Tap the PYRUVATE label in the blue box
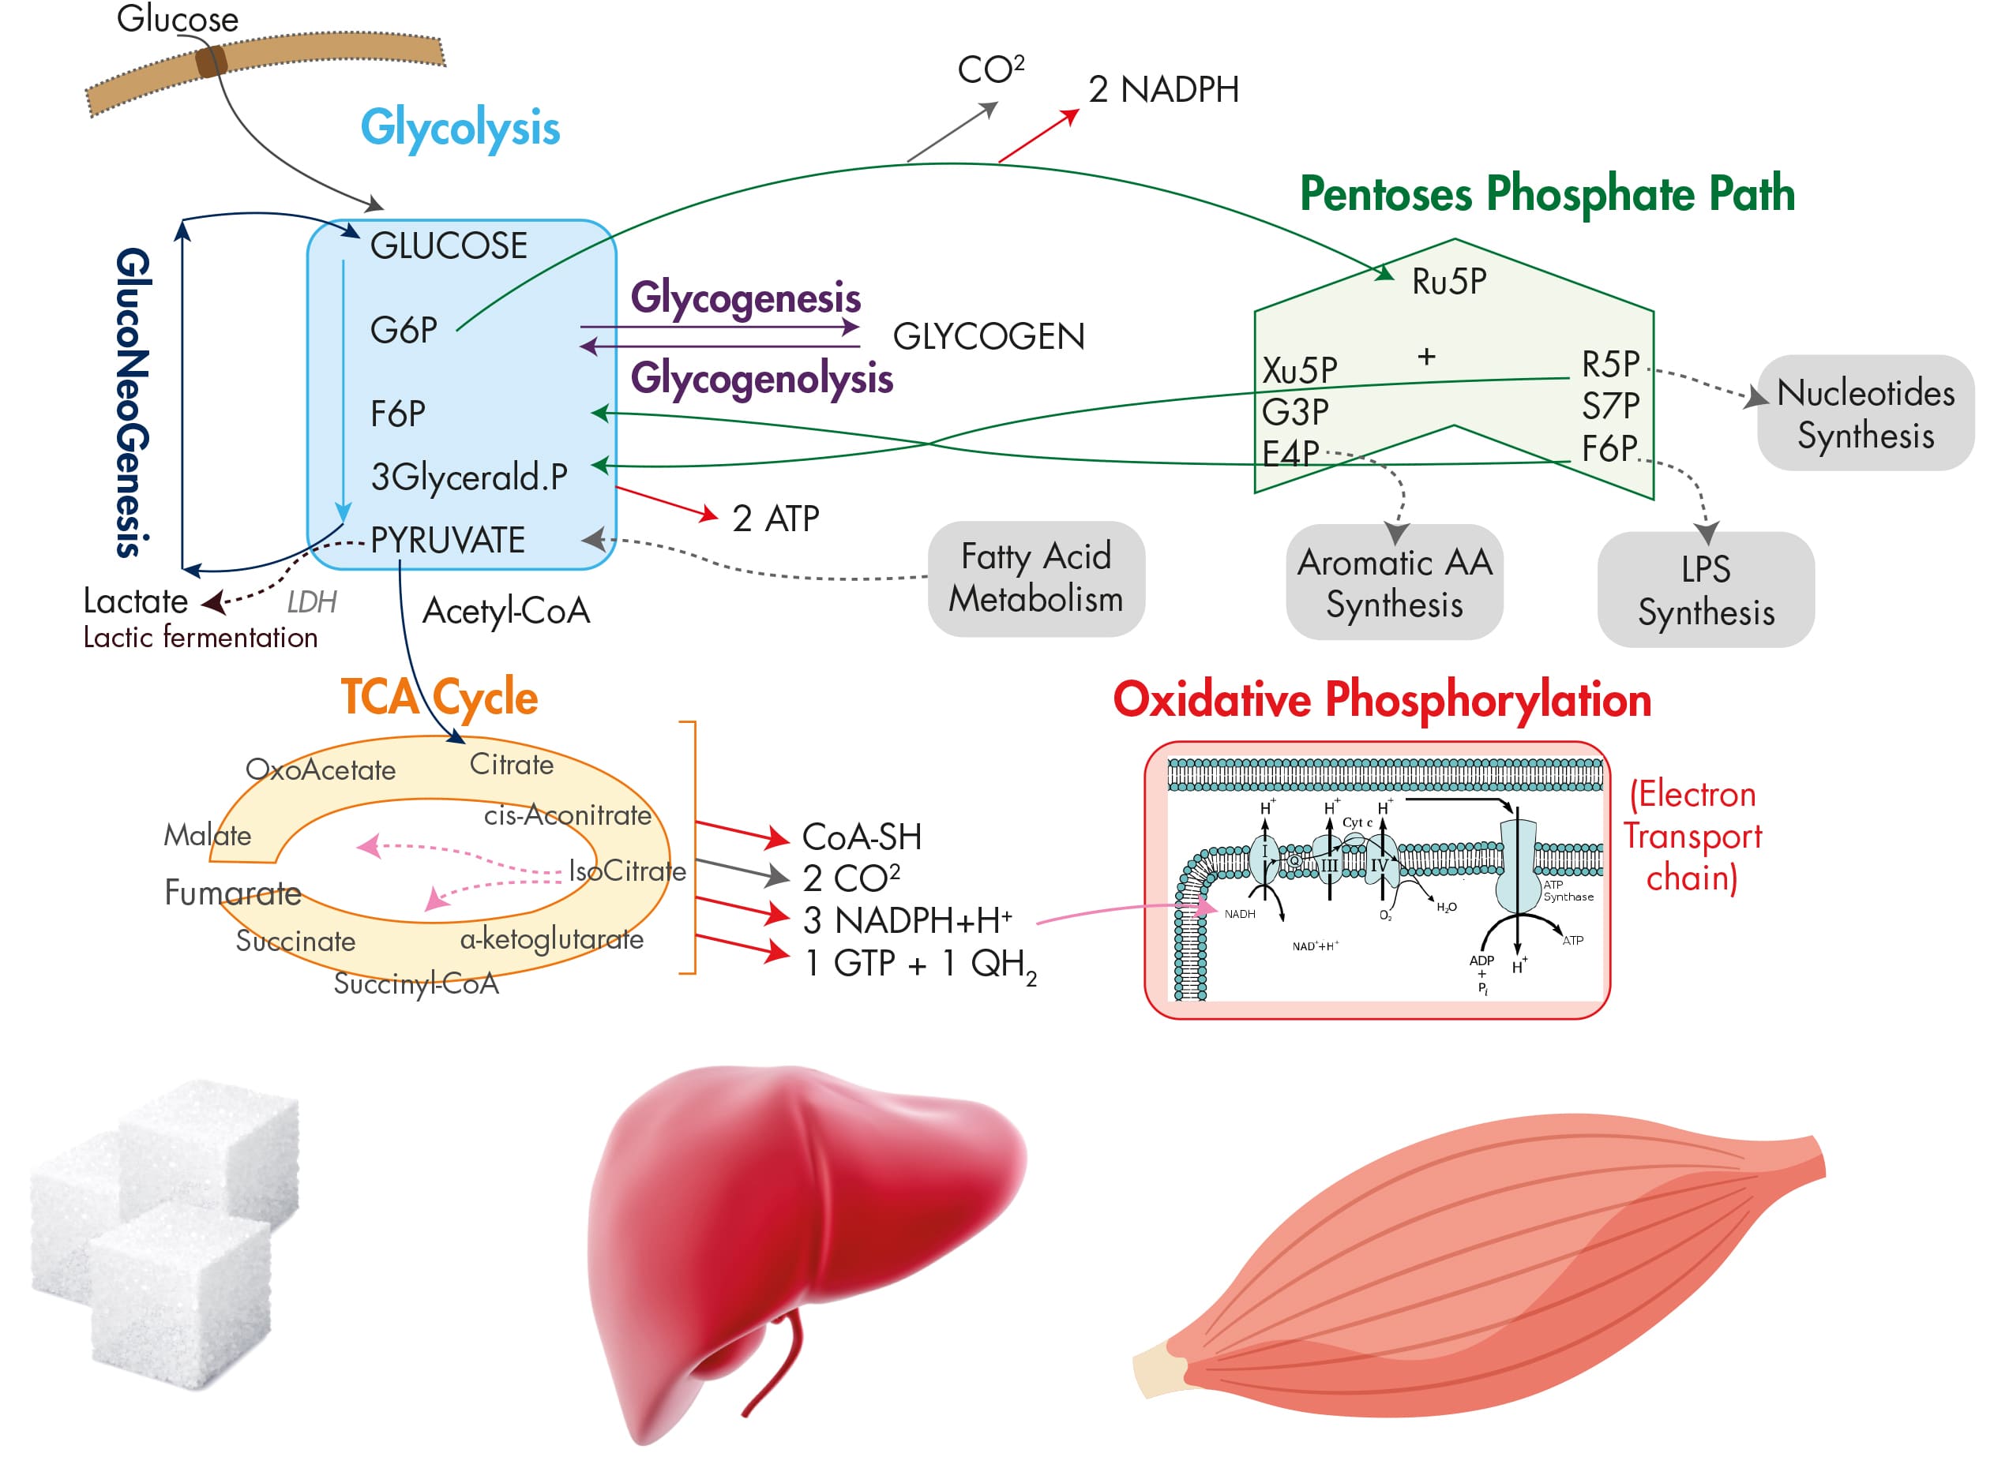(447, 541)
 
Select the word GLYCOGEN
(988, 337)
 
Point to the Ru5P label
(1448, 282)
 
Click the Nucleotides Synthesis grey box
(1865, 414)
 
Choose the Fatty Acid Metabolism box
(1035, 578)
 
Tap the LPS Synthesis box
(1706, 590)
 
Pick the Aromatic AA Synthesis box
(1394, 582)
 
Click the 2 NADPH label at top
(1163, 90)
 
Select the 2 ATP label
(775, 519)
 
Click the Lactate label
(136, 601)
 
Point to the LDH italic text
(312, 602)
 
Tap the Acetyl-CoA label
(505, 612)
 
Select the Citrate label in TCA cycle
(511, 765)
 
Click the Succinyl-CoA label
(416, 984)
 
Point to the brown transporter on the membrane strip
(211, 62)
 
